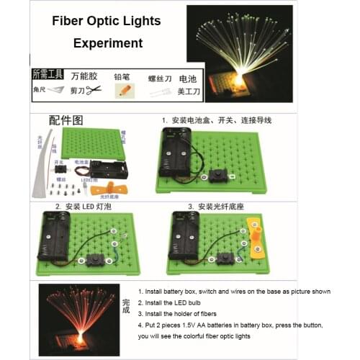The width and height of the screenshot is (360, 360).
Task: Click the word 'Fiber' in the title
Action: [x=71, y=20]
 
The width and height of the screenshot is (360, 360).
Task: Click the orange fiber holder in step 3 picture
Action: [x=252, y=240]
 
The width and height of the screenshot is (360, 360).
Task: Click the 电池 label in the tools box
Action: [x=187, y=77]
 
